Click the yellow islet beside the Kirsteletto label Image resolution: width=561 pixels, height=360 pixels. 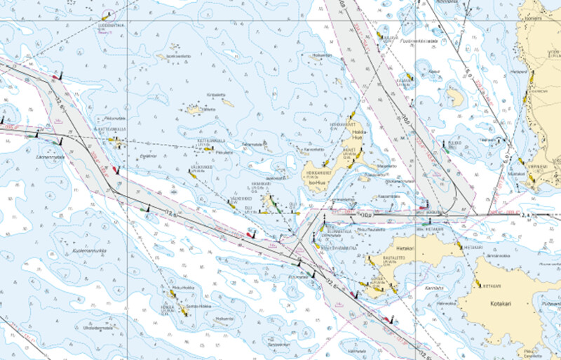pos(228,102)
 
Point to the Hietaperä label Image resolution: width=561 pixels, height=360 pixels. pos(518,72)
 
